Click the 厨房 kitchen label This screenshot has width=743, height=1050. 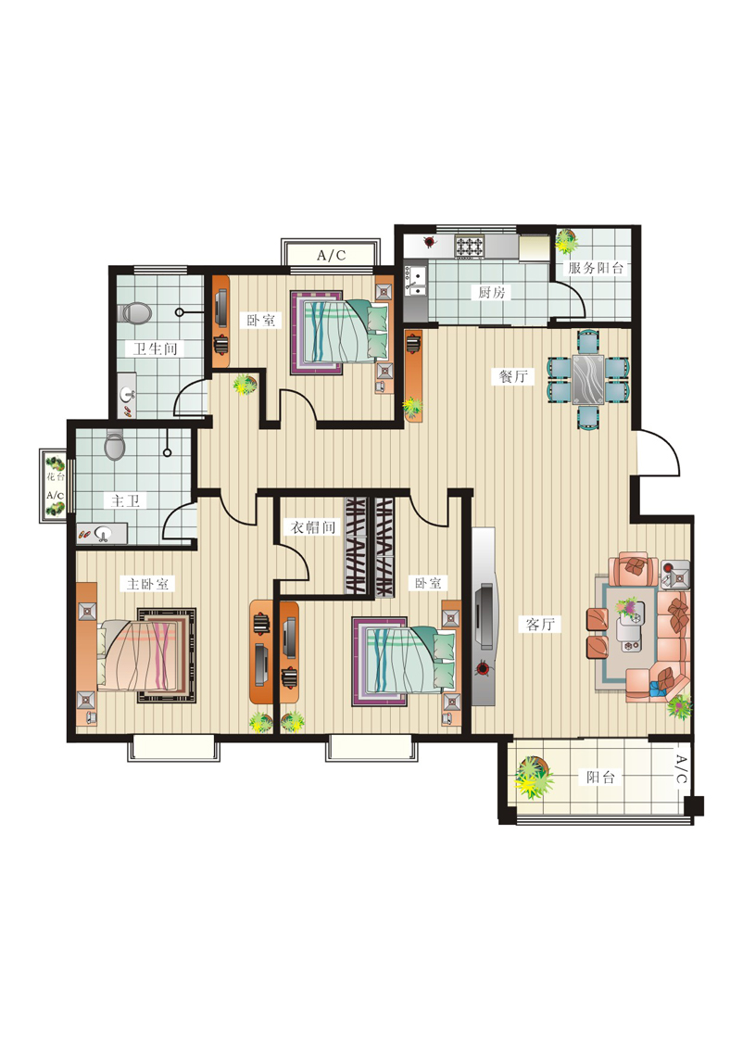pyautogui.click(x=491, y=292)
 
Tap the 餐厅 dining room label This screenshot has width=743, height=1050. pyautogui.click(x=512, y=376)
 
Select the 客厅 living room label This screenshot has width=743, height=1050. pyautogui.click(x=540, y=625)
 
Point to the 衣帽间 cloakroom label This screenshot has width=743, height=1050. pyautogui.click(x=312, y=527)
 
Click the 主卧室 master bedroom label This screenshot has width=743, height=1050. pyautogui.click(x=148, y=584)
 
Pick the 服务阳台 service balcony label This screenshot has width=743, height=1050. pyautogui.click(x=595, y=268)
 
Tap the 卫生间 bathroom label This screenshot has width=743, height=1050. pyautogui.click(x=155, y=348)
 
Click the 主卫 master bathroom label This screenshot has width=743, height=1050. pyautogui.click(x=125, y=500)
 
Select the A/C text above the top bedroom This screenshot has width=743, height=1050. pyautogui.click(x=332, y=255)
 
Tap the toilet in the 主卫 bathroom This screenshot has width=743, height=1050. pyautogui.click(x=115, y=446)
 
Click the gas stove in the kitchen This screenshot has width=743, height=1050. pyautogui.click(x=469, y=246)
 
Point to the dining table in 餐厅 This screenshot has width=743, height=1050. pyautogui.click(x=588, y=380)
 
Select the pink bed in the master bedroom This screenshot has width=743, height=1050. pyautogui.click(x=143, y=655)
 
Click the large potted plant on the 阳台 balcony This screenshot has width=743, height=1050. pyautogui.click(x=534, y=777)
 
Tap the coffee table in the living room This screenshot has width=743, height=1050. pyautogui.click(x=630, y=626)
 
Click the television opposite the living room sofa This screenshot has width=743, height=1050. pyautogui.click(x=485, y=616)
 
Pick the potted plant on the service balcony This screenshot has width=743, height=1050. pyautogui.click(x=566, y=241)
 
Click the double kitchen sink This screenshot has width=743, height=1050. pyautogui.click(x=416, y=281)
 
